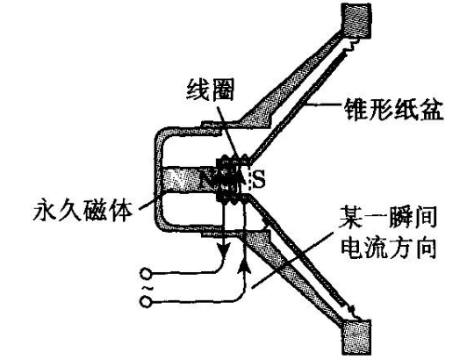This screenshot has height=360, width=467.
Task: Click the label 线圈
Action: [x=210, y=90]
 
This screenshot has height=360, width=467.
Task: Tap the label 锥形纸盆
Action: [x=393, y=110]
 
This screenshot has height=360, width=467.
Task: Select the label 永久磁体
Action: [x=82, y=211]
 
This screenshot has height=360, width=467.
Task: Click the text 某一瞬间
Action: [x=388, y=218]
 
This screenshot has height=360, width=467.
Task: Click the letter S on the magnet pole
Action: [x=258, y=179]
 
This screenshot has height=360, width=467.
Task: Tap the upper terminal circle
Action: [x=146, y=274]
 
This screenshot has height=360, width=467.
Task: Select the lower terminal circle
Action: [x=146, y=302]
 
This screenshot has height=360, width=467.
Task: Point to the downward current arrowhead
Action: [x=224, y=249]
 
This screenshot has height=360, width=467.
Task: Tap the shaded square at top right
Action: [x=356, y=20]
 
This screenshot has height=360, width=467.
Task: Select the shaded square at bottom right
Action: [x=356, y=337]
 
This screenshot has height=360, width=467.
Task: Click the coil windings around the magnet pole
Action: [x=233, y=179]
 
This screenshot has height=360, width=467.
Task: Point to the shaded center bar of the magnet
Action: [x=188, y=180]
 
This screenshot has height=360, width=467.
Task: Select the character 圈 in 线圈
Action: [x=222, y=90]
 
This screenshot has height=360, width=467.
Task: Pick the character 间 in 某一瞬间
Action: [x=425, y=218]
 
